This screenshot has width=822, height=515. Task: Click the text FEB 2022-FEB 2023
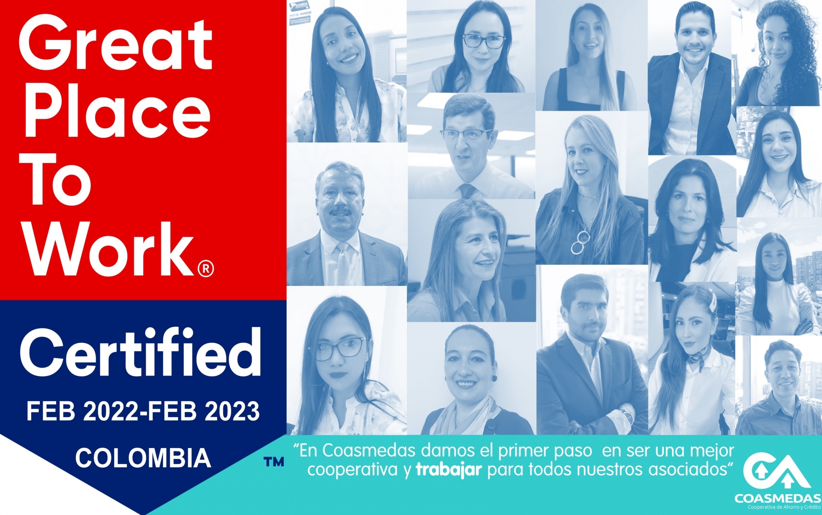(143, 411)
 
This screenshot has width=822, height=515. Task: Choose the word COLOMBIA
(143, 457)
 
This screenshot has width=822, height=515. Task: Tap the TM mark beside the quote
(274, 462)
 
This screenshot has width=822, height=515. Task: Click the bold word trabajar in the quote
(449, 470)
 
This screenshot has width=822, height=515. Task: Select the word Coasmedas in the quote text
(369, 451)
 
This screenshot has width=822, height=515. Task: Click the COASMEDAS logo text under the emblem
(777, 499)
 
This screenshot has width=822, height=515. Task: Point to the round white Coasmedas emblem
(777, 472)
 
